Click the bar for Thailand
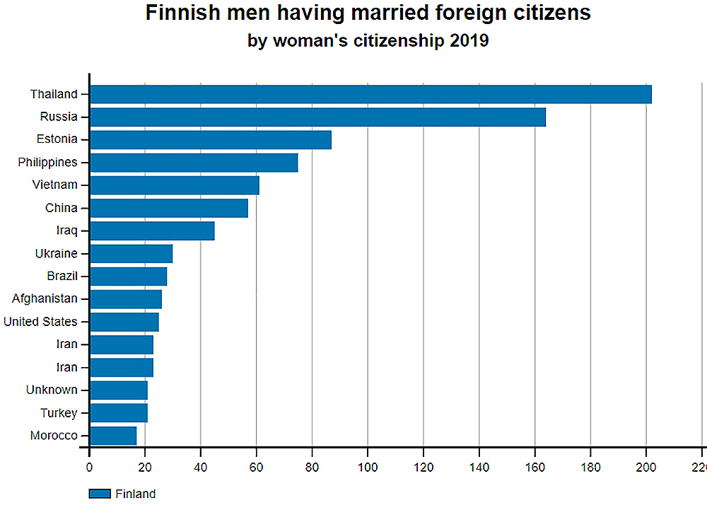(370, 94)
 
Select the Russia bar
(317, 117)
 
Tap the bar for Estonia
(211, 139)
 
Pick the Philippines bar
(194, 163)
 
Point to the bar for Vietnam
(175, 185)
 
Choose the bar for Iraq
(152, 231)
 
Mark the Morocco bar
(113, 436)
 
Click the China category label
(62, 208)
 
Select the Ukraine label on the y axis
(57, 253)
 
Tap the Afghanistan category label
(45, 298)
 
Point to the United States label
(40, 322)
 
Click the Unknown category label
(52, 390)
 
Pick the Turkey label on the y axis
(59, 413)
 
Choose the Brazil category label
(62, 276)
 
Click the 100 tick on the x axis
(368, 467)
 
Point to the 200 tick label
(646, 467)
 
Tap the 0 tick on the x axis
(89, 467)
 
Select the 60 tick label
(257, 467)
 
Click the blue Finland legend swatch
(100, 494)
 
